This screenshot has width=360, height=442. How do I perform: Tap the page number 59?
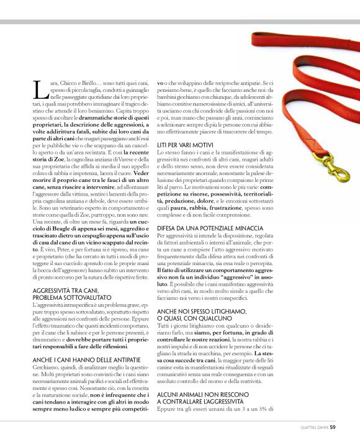333,426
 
